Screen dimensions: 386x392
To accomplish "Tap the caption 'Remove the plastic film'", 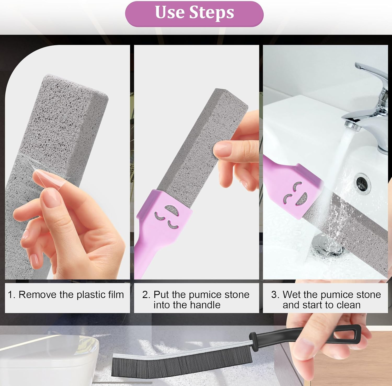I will (x=71, y=295).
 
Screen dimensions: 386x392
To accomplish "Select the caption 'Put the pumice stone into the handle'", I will (x=196, y=300).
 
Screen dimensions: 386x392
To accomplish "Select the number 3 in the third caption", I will (x=274, y=295).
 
